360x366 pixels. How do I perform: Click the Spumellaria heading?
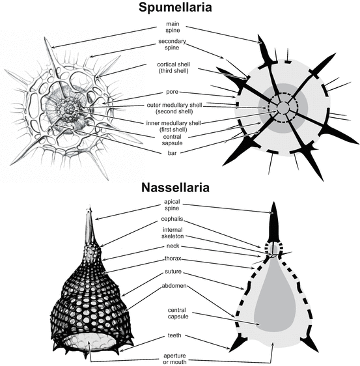coord(180,8)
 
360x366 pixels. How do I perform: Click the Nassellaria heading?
coord(180,188)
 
